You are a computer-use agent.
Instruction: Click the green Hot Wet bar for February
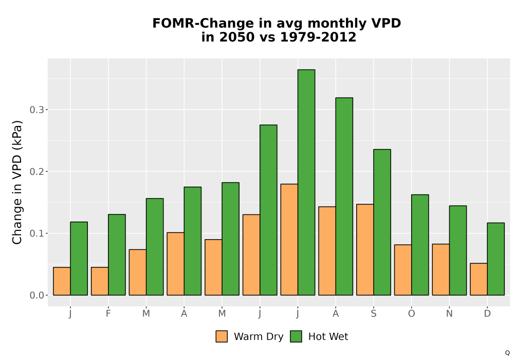(x=117, y=255)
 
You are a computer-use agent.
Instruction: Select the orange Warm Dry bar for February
(x=100, y=281)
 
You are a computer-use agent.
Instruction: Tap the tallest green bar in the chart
(x=306, y=182)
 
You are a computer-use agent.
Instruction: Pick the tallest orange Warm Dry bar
(x=289, y=240)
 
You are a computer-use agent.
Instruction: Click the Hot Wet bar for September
(x=382, y=222)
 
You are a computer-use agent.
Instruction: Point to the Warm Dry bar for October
(x=403, y=270)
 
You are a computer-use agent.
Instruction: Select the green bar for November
(x=458, y=250)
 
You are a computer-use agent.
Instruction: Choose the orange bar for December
(x=479, y=279)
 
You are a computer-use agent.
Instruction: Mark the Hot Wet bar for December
(x=496, y=259)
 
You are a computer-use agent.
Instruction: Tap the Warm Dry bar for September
(x=365, y=250)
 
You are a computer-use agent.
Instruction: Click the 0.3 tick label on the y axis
(x=36, y=110)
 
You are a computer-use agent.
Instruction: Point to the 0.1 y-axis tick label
(x=36, y=233)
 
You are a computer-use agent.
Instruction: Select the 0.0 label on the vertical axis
(x=36, y=295)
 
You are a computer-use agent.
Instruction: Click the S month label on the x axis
(x=373, y=314)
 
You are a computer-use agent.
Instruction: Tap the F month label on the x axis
(x=108, y=314)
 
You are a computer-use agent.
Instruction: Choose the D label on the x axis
(x=487, y=314)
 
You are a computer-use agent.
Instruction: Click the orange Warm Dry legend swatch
(x=222, y=336)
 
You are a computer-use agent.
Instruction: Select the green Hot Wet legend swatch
(x=296, y=336)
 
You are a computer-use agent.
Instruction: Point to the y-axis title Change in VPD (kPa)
(x=17, y=183)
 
